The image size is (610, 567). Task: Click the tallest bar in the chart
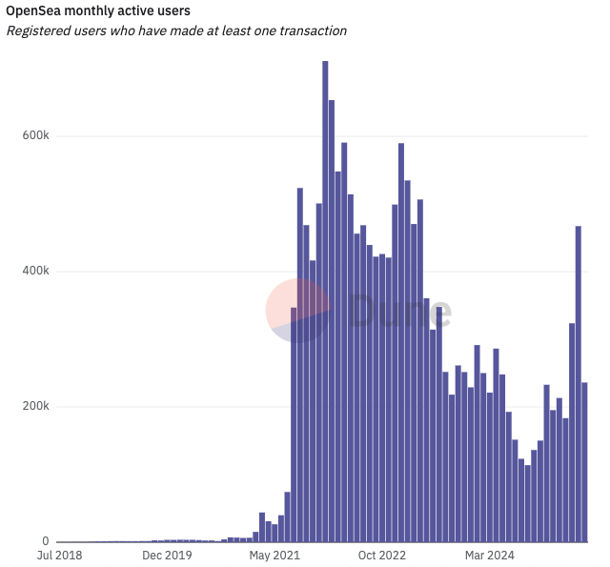click(325, 305)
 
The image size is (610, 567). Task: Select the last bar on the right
click(584, 462)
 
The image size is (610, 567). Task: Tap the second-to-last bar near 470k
click(578, 381)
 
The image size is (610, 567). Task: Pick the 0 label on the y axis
click(45, 541)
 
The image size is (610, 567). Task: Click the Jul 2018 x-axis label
click(58, 555)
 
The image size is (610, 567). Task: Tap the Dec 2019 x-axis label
click(166, 555)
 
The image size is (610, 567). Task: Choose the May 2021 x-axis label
click(274, 555)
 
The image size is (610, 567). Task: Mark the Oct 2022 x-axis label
click(382, 555)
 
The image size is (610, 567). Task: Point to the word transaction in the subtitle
click(311, 30)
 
